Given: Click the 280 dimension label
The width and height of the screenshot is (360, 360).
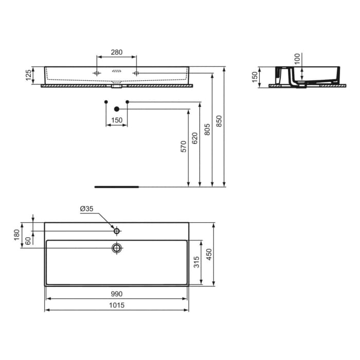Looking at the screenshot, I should coord(117,52).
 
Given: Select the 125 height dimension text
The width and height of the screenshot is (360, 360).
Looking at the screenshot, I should coord(29,76).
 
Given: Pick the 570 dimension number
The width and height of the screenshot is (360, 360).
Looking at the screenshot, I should coord(183,147).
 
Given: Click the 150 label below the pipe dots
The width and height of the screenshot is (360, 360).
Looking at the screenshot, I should coord(117,120).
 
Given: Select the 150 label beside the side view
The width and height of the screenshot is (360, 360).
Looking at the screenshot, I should coord(254,77).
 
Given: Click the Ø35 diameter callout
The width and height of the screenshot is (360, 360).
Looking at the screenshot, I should coord(86,209).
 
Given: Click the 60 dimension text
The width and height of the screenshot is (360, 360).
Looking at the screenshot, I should coord(29,240).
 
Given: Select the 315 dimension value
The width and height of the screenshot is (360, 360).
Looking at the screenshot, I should coord(195,263).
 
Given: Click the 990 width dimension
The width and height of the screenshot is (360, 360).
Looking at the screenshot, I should coord(117,294).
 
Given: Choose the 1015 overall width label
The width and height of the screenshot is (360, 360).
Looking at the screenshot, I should coord(117,305).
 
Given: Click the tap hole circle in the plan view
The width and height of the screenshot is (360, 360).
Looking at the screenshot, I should coord(117,231).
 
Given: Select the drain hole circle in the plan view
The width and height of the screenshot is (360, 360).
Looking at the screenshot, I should coord(117,248).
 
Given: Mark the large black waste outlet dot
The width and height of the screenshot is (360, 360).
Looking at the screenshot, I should coord(117,109).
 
